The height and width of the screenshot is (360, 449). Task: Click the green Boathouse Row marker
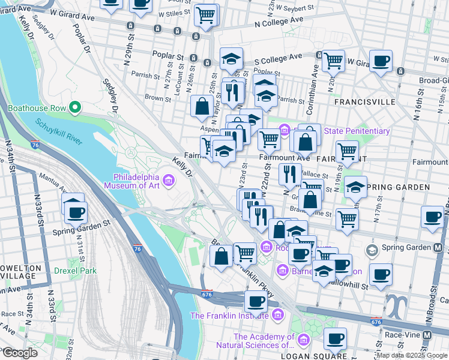click(75, 108)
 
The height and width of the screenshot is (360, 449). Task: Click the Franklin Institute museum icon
click(277, 315)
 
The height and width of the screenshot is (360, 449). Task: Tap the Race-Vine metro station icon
click(427, 334)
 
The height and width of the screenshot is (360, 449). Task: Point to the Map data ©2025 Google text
click(411, 355)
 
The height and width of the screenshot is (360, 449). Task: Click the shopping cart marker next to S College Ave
click(333, 60)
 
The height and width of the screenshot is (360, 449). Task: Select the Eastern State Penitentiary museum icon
click(285, 130)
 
